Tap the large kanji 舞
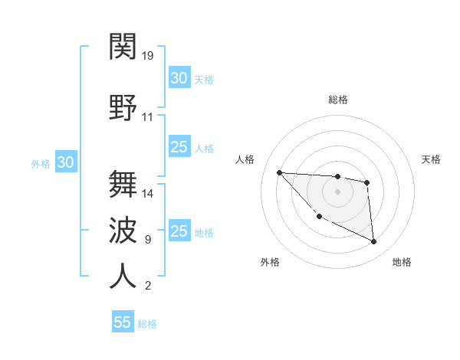tap(123, 184)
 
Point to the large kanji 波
tap(123, 230)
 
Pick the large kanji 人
tap(123, 276)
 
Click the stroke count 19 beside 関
tap(148, 56)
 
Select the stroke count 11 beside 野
tap(148, 117)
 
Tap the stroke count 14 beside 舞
tap(148, 194)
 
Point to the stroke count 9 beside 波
tap(148, 240)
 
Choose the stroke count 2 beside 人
tap(148, 286)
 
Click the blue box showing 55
tap(123, 322)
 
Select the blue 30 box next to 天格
tap(179, 78)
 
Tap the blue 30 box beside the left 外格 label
tap(66, 162)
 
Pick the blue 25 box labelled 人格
tap(179, 148)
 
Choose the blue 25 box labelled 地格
tap(179, 232)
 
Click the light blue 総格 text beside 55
tap(148, 324)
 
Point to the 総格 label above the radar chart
tap(337, 100)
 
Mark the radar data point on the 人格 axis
tap(279, 172)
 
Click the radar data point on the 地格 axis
tap(374, 242)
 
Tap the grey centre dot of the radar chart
tap(337, 191)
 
